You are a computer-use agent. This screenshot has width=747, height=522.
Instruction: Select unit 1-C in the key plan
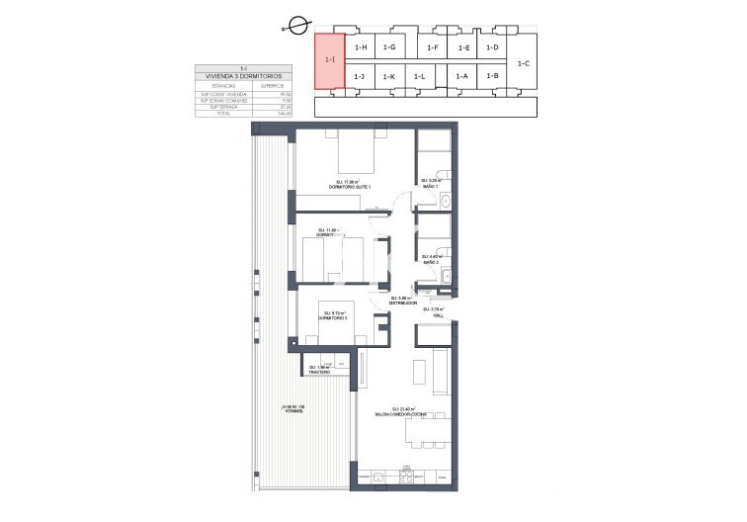524,63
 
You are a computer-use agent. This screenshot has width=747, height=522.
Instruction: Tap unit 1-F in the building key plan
432,47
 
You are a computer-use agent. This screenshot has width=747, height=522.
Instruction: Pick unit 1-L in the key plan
420,76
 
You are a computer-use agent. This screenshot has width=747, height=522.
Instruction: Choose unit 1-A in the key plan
461,76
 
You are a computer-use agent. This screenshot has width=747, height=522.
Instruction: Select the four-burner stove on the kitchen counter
407,479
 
